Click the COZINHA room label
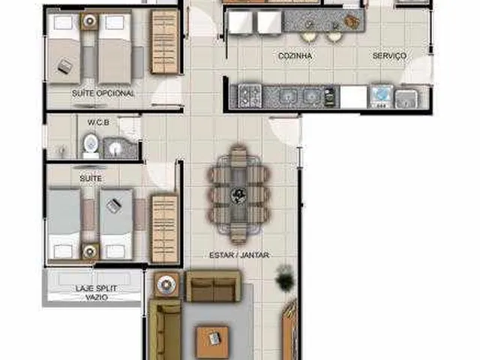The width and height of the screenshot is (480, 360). click(295, 55)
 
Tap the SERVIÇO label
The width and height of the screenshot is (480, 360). click(389, 55)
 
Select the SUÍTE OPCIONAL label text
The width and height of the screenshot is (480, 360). click(103, 93)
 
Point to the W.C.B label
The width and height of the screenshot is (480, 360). click(98, 122)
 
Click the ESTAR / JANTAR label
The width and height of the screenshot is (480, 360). click(239, 255)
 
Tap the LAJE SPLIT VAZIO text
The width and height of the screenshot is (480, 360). click(97, 292)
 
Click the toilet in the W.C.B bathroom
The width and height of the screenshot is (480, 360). click(91, 144)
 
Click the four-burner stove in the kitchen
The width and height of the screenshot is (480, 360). click(250, 95)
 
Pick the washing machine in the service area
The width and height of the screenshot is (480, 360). click(381, 96)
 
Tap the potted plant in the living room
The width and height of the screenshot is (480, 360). click(285, 278)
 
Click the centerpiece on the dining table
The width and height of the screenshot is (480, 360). click(238, 195)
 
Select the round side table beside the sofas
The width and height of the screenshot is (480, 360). click(166, 285)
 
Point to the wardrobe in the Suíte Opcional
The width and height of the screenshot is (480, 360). click(164, 42)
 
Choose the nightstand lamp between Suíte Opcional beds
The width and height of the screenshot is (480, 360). click(89, 21)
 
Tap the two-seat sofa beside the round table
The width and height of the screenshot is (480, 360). click(214, 286)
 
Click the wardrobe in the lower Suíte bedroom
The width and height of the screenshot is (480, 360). click(165, 229)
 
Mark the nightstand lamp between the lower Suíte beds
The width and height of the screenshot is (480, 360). click(90, 252)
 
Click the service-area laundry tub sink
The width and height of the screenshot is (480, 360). click(406, 98)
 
